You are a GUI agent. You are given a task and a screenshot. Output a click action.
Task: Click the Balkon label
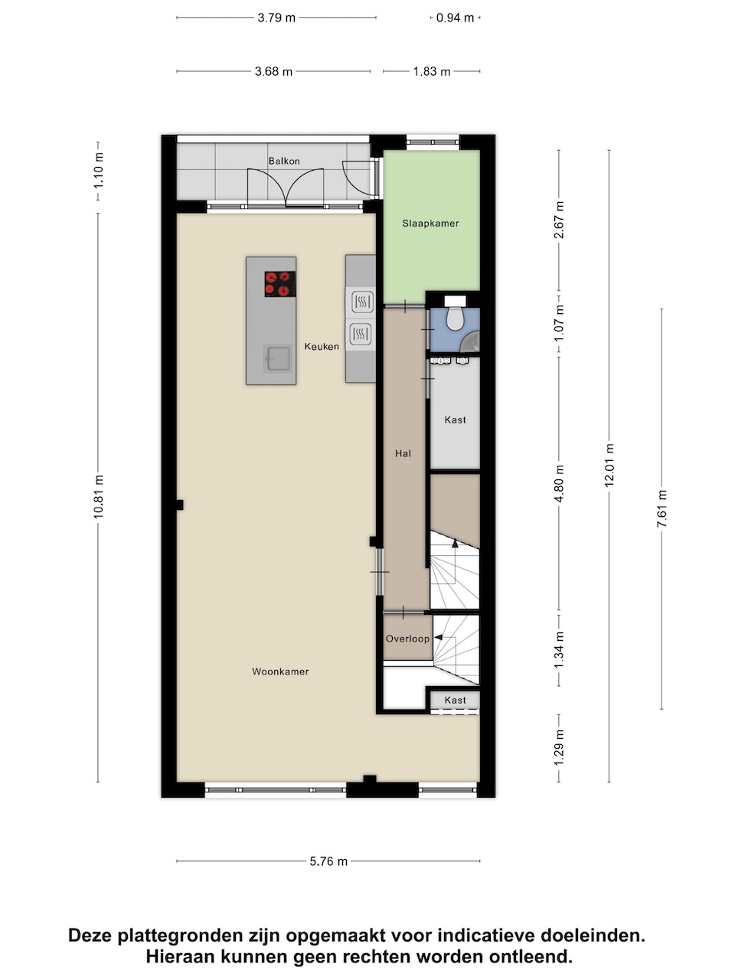point(284,162)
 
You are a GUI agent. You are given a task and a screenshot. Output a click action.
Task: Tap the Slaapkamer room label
point(430,224)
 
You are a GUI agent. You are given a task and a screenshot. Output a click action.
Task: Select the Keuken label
point(322,347)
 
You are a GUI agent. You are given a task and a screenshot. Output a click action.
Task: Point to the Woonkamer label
point(280,671)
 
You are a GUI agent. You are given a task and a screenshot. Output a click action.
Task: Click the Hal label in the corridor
point(403,453)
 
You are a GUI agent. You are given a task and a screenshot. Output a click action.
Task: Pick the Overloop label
point(407,639)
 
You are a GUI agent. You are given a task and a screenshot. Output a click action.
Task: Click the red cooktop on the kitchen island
point(280,284)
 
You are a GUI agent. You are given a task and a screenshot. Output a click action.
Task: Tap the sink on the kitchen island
point(277,358)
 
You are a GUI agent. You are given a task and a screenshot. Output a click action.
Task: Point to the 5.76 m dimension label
point(328,861)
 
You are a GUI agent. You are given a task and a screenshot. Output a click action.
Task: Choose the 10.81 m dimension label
point(98,497)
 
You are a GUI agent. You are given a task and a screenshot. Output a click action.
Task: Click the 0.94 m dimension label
point(455,18)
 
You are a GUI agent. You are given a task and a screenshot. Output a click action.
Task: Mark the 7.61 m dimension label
point(661,508)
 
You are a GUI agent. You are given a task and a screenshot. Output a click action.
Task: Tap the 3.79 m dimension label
point(276,18)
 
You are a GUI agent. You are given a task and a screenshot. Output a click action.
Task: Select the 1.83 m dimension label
point(432,71)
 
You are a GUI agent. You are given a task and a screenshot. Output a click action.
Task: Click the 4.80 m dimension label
point(559,484)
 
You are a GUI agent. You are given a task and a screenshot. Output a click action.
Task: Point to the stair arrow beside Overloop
point(439,638)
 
